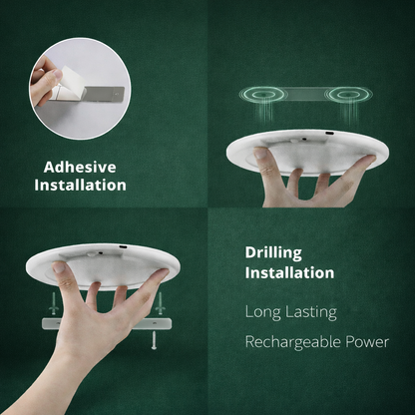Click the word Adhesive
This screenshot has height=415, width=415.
[x=80, y=167]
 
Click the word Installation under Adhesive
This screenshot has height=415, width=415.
[x=80, y=185]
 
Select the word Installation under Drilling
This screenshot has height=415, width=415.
[x=289, y=271]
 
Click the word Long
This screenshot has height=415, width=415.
[x=264, y=312]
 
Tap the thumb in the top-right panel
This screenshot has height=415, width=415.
[x=262, y=158]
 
